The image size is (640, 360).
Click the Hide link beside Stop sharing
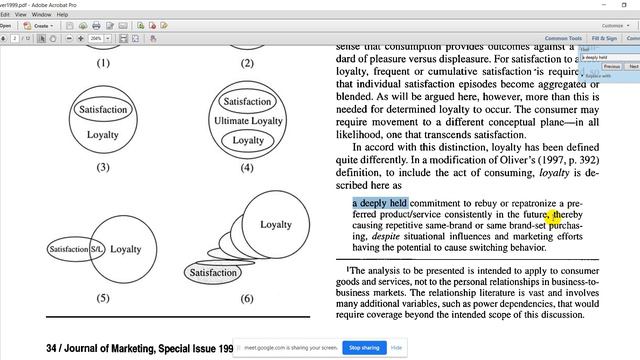(x=397, y=347)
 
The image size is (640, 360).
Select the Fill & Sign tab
(x=604, y=38)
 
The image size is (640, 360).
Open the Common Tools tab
(x=563, y=38)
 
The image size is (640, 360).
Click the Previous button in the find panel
(x=612, y=66)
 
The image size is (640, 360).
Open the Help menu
(x=63, y=15)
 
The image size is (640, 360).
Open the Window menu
(x=40, y=15)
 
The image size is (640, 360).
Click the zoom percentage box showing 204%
(x=96, y=38)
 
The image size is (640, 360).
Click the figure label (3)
(x=103, y=167)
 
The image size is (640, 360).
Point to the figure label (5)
(x=103, y=298)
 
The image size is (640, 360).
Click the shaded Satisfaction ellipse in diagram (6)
(x=213, y=273)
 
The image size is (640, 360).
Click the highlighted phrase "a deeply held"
(x=380, y=203)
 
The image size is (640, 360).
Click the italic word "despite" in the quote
(x=380, y=237)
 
